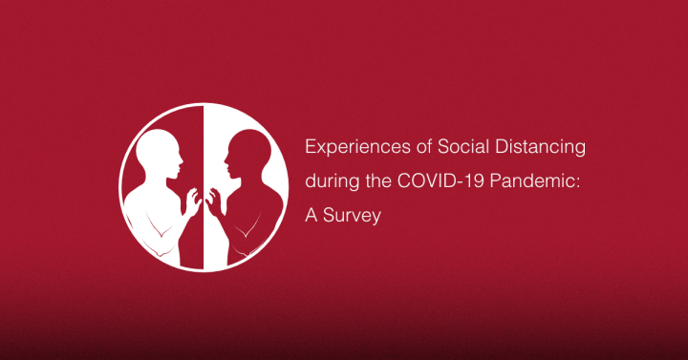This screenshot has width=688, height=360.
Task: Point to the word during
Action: pyautogui.click(x=329, y=182)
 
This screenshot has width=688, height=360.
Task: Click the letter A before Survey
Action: pyautogui.click(x=311, y=216)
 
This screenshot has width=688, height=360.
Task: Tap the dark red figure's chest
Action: pyautogui.click(x=250, y=220)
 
